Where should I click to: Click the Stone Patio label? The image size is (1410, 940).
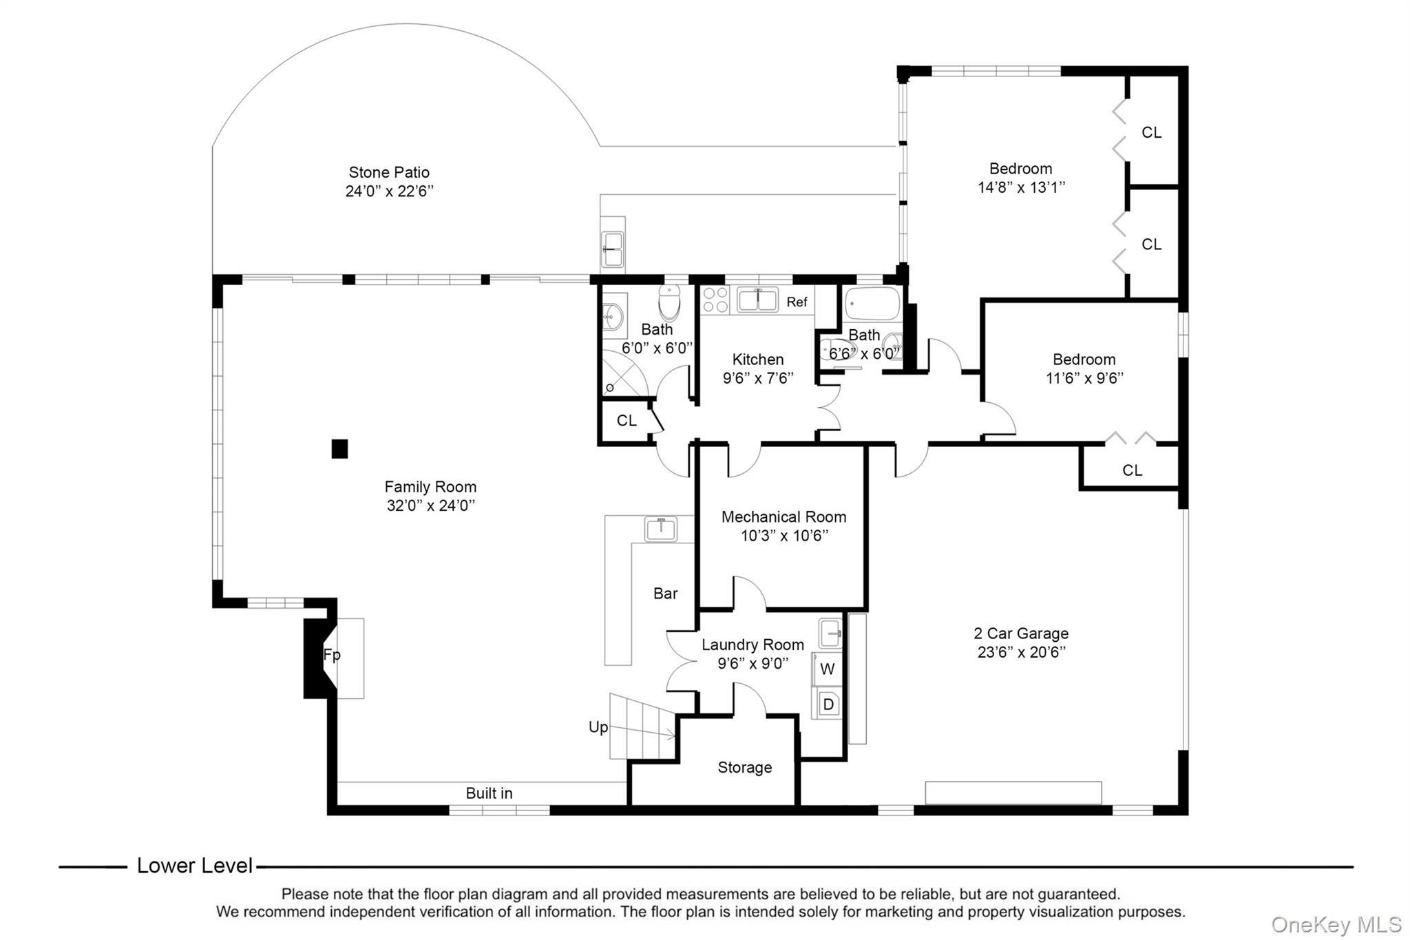tap(389, 172)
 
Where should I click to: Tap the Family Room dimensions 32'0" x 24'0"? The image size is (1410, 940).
tap(431, 505)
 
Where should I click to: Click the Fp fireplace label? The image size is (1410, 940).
tap(332, 655)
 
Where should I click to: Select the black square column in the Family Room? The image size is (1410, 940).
tap(339, 449)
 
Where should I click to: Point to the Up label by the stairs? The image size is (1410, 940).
tap(598, 727)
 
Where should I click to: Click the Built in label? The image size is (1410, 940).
tap(489, 793)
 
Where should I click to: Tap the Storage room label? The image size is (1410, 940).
tap(745, 767)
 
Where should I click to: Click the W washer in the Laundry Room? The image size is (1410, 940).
tap(828, 669)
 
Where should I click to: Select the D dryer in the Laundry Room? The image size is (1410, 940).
tap(828, 704)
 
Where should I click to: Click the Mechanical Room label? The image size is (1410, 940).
tap(784, 517)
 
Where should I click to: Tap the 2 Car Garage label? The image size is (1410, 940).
tap(1021, 634)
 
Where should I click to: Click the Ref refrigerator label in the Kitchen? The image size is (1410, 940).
tap(797, 302)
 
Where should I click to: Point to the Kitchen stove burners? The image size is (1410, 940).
tap(715, 301)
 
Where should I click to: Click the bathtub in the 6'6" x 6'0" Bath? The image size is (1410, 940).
tap(872, 304)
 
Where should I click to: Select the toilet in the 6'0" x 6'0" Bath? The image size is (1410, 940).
tap(669, 302)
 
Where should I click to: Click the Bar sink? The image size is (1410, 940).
tap(661, 530)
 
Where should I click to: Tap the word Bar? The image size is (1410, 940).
tap(666, 594)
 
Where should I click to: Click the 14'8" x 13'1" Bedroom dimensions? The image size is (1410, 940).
tap(1021, 187)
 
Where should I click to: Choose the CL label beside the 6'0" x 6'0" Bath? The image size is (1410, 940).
tap(627, 421)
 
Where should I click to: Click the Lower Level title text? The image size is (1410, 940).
tap(195, 866)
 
